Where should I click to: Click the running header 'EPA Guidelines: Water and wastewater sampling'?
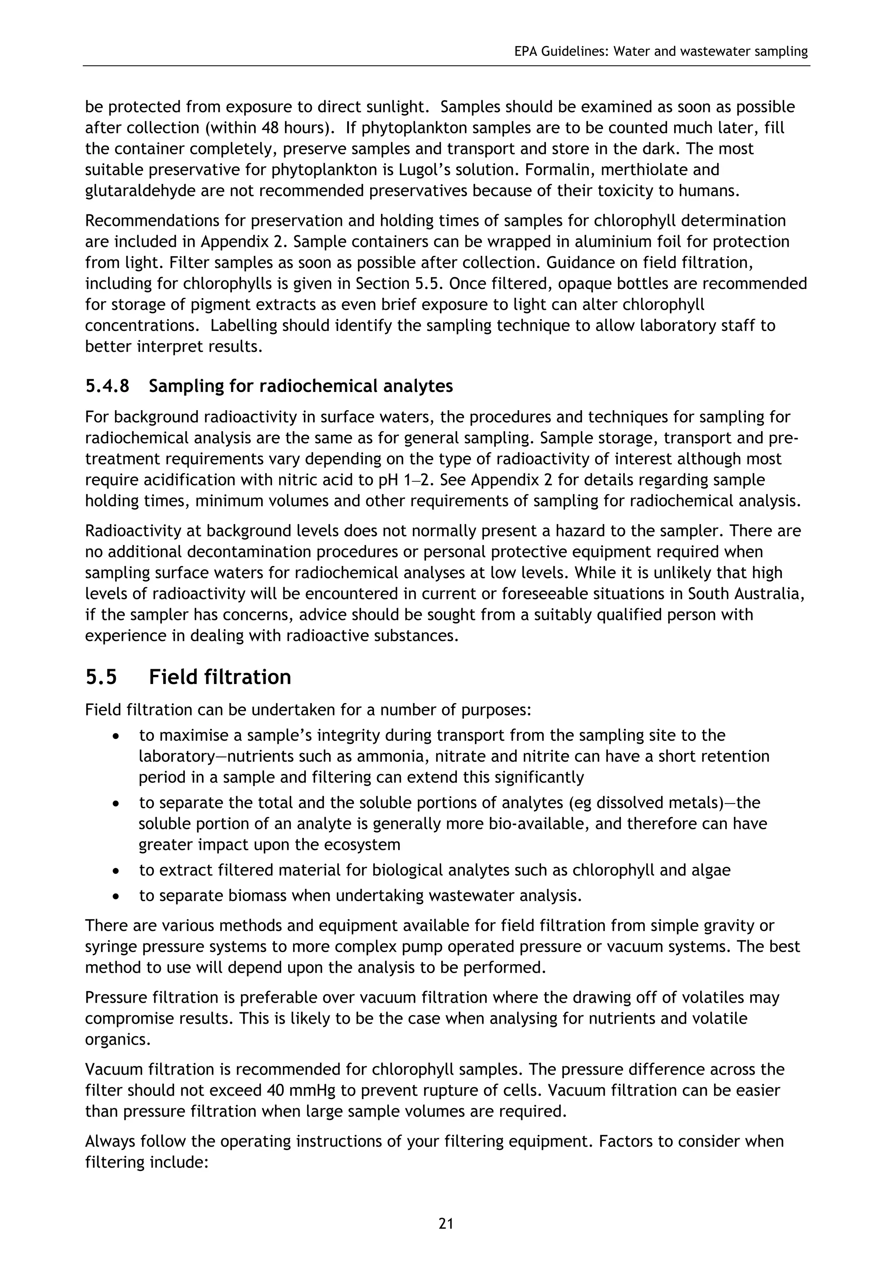pyautogui.click(x=661, y=52)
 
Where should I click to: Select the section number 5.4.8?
pyautogui.click(x=107, y=386)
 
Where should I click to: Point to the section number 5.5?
pyautogui.click(x=101, y=677)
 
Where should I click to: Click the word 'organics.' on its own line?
pyautogui.click(x=118, y=1040)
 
